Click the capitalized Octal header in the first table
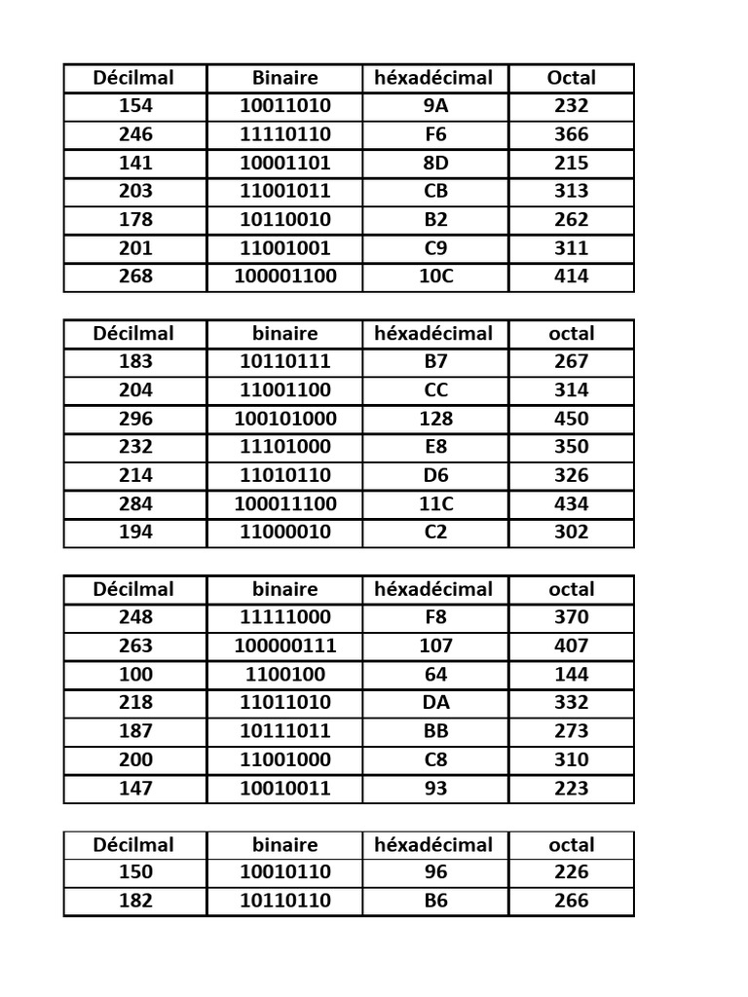click(x=571, y=78)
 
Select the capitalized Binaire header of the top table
click(x=284, y=78)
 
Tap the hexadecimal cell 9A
click(x=435, y=106)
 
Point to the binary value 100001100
click(x=284, y=277)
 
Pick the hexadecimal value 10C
click(x=435, y=277)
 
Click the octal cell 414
click(x=571, y=277)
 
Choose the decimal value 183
click(x=135, y=361)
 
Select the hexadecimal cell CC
click(x=435, y=389)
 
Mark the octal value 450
click(x=571, y=419)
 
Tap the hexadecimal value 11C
click(x=435, y=503)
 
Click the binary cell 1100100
click(x=284, y=674)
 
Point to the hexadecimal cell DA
click(x=435, y=702)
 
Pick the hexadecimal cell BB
click(x=435, y=731)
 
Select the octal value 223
click(x=571, y=788)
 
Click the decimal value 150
click(x=135, y=872)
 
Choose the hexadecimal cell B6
click(x=435, y=901)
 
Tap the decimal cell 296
click(x=135, y=419)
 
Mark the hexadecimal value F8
click(x=435, y=617)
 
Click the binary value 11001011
click(x=284, y=191)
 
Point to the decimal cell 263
click(x=135, y=646)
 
